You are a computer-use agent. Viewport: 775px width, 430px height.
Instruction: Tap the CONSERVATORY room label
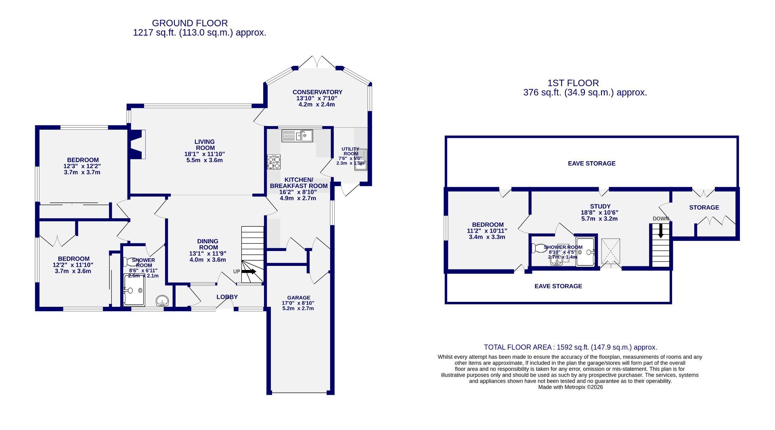[317, 92]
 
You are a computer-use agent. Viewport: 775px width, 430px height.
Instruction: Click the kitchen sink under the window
[297, 135]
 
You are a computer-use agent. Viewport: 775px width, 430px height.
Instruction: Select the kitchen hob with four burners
[274, 162]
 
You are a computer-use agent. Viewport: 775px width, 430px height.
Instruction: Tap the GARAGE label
[299, 297]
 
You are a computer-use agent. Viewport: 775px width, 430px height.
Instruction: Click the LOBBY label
[227, 297]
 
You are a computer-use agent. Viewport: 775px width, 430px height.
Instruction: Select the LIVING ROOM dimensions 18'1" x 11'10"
[205, 154]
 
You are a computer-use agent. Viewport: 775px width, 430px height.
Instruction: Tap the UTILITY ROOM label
[350, 151]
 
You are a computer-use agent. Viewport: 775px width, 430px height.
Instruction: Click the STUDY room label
[599, 206]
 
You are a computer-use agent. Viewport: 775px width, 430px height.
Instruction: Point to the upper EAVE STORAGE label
[591, 163]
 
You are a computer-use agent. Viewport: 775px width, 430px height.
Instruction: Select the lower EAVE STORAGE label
[558, 286]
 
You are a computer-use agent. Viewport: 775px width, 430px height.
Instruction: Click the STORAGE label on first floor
[704, 207]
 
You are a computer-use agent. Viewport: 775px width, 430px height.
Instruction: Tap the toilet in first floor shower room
[539, 248]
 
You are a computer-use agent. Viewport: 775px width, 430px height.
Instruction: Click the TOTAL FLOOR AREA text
[570, 347]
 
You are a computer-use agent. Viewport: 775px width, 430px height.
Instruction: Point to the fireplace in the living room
[137, 144]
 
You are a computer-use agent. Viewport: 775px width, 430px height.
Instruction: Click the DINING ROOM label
[208, 245]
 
